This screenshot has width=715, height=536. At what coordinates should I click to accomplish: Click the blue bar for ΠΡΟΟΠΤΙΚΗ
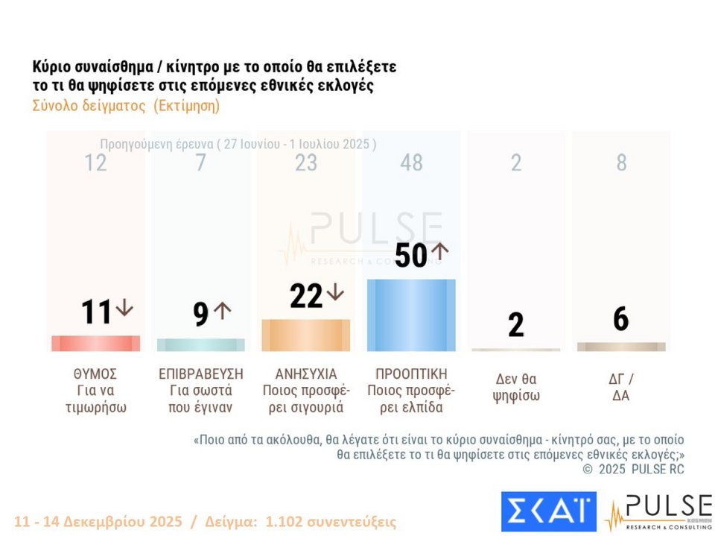click(411, 315)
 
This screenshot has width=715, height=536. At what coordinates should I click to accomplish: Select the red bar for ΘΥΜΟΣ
click(95, 344)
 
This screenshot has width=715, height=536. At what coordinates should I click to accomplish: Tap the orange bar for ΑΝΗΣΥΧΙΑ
click(305, 335)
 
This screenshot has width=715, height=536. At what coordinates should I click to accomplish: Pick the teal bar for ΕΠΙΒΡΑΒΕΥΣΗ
click(200, 345)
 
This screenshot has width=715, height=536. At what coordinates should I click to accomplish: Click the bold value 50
click(411, 256)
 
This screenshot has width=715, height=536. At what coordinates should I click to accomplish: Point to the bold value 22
click(306, 296)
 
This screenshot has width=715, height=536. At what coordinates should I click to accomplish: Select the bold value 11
click(96, 312)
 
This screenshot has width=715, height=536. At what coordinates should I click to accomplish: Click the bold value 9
click(200, 315)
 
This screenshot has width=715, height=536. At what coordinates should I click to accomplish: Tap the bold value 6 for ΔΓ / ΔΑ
click(621, 319)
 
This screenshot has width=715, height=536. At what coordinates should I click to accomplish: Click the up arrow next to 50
click(439, 250)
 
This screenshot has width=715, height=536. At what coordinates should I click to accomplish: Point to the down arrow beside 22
click(335, 292)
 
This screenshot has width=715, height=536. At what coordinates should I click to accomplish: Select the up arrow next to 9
click(223, 310)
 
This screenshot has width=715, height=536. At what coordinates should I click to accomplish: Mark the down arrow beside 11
click(124, 308)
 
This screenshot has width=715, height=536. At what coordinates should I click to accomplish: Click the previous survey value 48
click(411, 163)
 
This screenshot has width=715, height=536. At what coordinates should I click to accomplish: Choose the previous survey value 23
click(305, 163)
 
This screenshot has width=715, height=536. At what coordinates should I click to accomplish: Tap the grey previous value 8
click(621, 163)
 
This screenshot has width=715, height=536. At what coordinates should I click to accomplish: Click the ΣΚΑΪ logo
click(548, 511)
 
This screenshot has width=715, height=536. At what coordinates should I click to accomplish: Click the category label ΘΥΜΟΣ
click(96, 373)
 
